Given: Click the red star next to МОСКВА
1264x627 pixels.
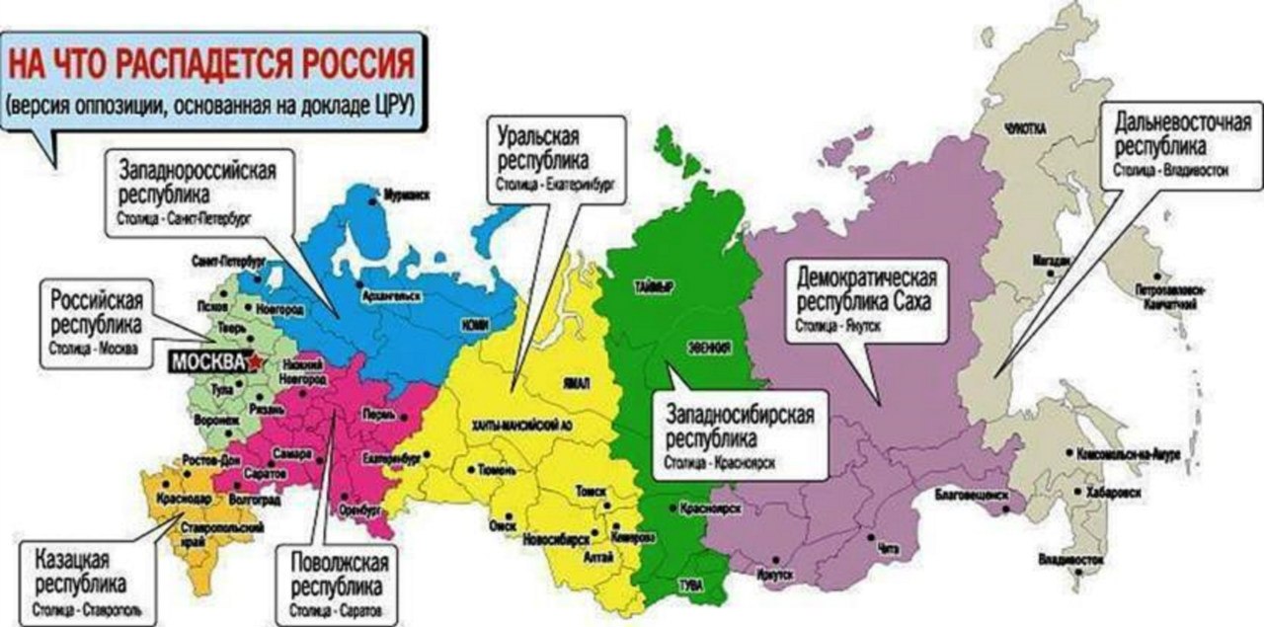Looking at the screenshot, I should pyautogui.click(x=259, y=362).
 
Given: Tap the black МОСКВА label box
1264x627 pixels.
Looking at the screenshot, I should pyautogui.click(x=206, y=362).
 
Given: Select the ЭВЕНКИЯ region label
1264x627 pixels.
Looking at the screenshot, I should pyautogui.click(x=710, y=348).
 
